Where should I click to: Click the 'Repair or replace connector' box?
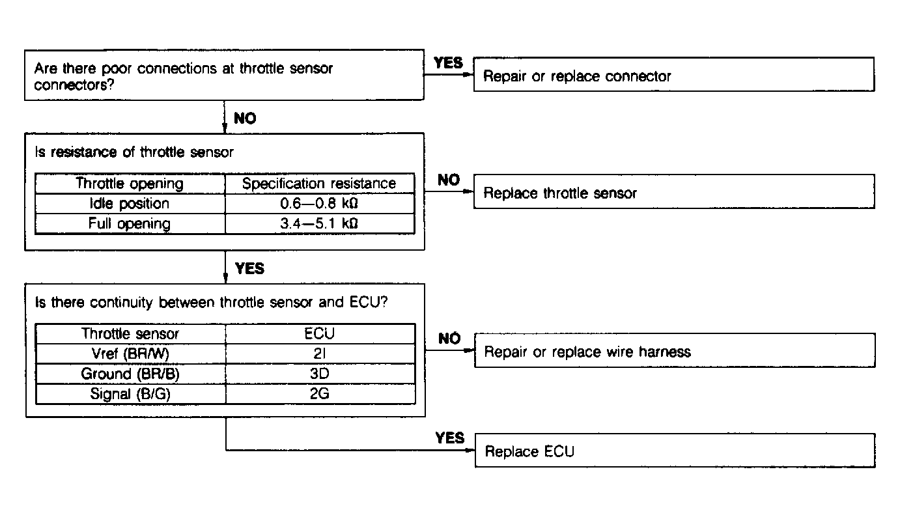coord(673,74)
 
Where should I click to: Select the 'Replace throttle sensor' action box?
coord(673,191)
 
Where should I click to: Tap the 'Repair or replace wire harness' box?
coord(673,351)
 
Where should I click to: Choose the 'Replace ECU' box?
coord(673,451)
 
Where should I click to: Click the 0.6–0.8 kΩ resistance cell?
coord(319,204)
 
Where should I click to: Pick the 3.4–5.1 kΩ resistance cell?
coord(319,224)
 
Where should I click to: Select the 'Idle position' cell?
coord(130,204)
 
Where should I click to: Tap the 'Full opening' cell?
coord(130,224)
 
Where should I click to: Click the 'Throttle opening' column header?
coord(130,184)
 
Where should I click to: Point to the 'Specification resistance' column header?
coord(319,184)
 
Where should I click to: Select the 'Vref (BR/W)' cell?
coord(130,354)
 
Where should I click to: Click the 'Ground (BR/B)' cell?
coord(130,374)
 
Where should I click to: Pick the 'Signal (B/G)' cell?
coord(130,394)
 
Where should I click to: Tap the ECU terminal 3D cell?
coord(320,374)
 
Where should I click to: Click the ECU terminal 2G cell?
coord(320,394)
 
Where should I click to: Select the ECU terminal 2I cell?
coord(320,354)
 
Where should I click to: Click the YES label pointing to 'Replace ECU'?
coord(450,438)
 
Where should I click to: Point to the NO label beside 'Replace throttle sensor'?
coord(449,180)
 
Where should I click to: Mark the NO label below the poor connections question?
coord(245,119)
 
